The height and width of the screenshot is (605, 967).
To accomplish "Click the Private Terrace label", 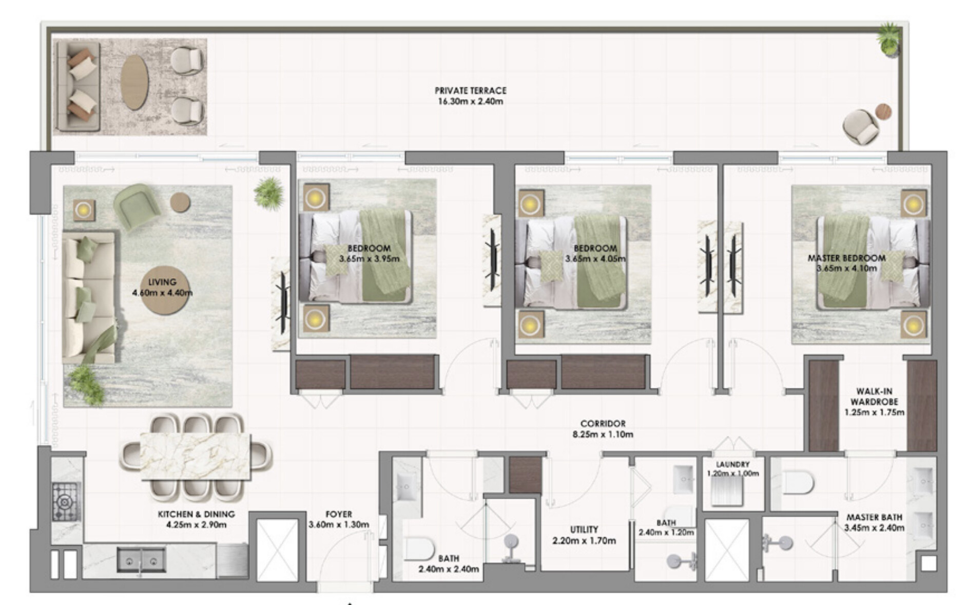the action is pos(470,90).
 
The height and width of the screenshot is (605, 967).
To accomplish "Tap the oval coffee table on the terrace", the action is pos(134,82).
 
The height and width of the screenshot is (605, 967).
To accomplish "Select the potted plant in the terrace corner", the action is pos(889,39).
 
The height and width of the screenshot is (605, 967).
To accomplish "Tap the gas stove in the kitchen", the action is pos(66,501).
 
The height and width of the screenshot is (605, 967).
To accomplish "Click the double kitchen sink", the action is pos(141,560).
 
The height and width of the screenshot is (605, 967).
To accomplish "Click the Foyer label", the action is pos(339,514).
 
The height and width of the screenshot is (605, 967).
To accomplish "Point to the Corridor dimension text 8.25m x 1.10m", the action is pos(603,434).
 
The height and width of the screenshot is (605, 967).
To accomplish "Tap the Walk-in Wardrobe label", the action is pos(874,396).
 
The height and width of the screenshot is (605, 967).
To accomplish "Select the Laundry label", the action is pos(732,464).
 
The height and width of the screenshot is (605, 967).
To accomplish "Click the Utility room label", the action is pos(584,530).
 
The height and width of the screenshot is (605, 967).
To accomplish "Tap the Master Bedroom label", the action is pos(846,258).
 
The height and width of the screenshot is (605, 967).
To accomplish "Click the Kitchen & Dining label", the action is pos(196,514).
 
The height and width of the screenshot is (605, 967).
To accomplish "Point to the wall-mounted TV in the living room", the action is pos(282,302).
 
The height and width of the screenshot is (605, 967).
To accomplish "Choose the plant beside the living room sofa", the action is pos(86,384).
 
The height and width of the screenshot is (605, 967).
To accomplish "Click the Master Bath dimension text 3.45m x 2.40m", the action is pos(874,527).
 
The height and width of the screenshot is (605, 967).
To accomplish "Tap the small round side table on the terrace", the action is pos(883,111).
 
